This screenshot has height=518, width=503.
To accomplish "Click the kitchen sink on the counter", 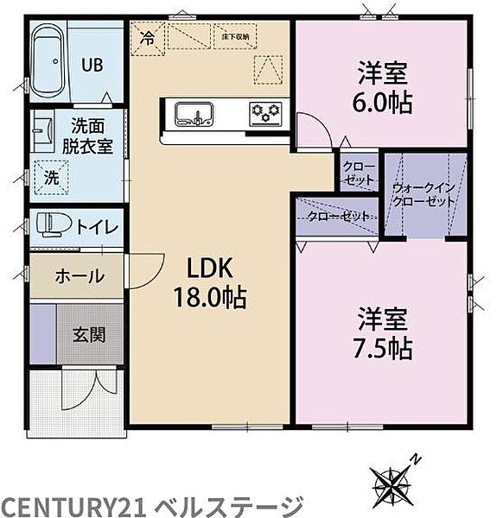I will click(x=193, y=113).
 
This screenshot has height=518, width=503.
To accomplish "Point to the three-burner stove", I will click(x=265, y=112).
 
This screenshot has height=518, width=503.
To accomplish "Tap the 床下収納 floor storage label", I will click(x=233, y=37).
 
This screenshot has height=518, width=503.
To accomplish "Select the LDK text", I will click(x=207, y=268).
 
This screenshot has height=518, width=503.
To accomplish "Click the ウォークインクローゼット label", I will click(x=423, y=194).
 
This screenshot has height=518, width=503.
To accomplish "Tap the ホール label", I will click(x=80, y=276).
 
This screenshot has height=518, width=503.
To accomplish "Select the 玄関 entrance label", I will click(x=89, y=333).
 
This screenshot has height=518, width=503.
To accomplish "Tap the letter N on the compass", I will click(x=415, y=458).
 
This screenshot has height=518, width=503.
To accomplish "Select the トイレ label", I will click(x=98, y=228).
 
